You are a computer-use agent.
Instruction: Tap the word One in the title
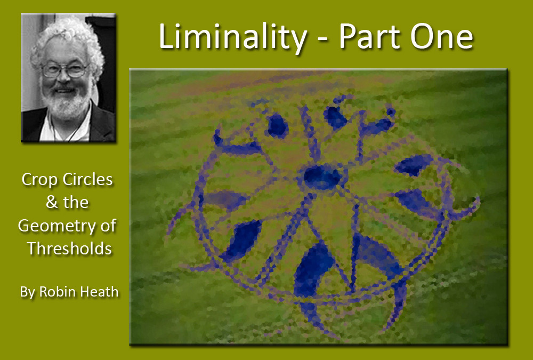(x=441, y=37)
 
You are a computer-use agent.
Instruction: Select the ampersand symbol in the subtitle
(x=52, y=203)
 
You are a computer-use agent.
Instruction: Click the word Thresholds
(x=70, y=249)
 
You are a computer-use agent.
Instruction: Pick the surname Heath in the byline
(x=98, y=292)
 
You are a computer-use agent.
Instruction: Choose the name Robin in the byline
(x=56, y=292)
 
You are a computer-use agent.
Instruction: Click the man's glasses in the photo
(x=64, y=70)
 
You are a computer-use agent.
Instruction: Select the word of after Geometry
(x=108, y=225)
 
